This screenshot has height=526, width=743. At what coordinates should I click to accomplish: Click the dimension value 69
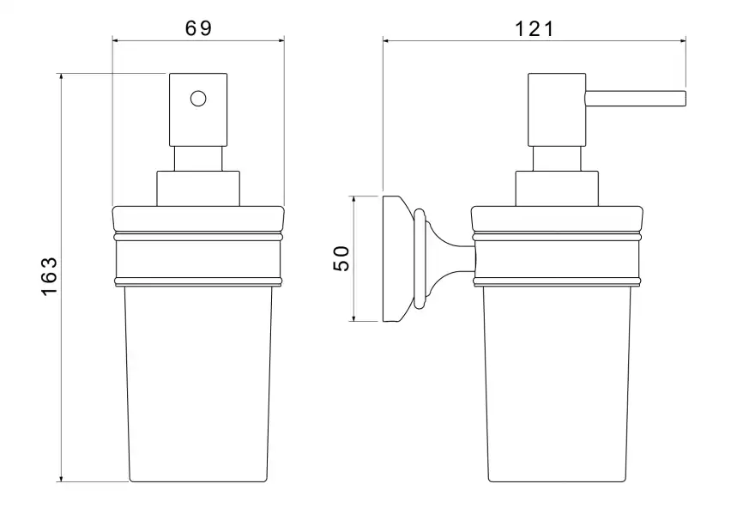pos(198,28)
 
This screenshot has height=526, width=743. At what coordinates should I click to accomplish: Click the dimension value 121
pos(534,29)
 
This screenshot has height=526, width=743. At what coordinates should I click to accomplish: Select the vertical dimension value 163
pos(49,277)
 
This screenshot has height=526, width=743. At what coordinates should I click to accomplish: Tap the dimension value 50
pos(341,258)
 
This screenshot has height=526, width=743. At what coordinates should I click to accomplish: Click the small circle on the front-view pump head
pos(198,99)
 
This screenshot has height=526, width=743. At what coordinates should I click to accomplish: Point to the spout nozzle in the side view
pos(636,99)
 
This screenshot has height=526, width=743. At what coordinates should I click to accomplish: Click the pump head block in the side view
pos(557,110)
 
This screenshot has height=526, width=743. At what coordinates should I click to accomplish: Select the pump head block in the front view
pos(198,110)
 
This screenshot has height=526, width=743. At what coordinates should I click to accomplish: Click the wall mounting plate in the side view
pos(392,259)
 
